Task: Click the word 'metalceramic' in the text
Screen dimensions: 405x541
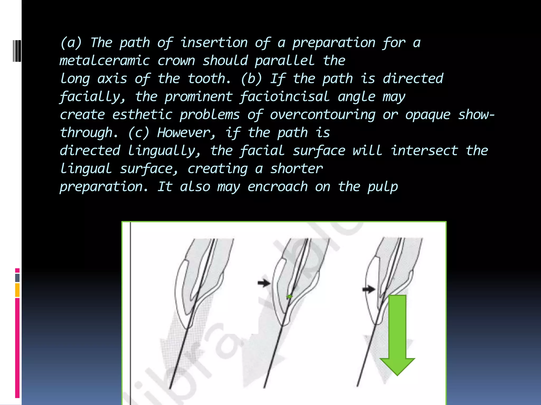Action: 105,61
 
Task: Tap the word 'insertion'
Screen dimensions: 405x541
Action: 214,43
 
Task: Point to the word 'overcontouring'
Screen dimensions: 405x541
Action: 323,115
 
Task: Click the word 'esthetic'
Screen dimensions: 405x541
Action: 142,115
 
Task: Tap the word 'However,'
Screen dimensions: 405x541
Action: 186,133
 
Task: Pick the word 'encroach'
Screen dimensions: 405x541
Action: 278,187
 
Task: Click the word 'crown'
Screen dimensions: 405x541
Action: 176,61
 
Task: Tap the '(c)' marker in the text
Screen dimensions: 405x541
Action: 139,133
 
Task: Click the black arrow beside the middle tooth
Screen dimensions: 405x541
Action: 264,283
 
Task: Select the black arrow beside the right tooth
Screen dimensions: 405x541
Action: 369,289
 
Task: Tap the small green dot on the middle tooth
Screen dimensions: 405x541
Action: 290,297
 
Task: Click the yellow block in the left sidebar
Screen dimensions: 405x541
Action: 17,290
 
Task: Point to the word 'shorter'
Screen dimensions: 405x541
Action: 296,169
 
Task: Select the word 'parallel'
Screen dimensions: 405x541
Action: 285,61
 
